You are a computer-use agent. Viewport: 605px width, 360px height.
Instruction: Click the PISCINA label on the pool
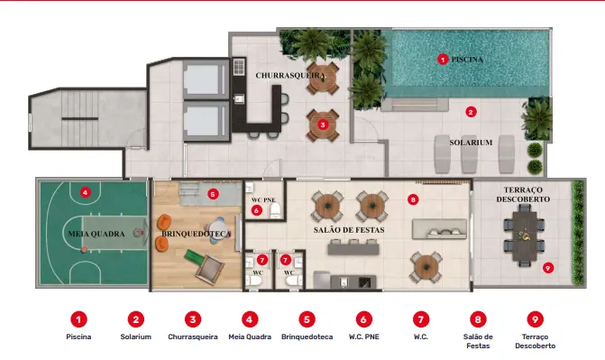tap(467, 60)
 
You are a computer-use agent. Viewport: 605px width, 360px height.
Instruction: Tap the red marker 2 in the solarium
tap(471, 112)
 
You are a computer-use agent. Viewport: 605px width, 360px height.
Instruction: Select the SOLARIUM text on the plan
tap(471, 143)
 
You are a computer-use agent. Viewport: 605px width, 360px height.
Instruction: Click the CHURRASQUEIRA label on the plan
tap(289, 75)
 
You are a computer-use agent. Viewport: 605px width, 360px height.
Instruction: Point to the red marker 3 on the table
tap(323, 125)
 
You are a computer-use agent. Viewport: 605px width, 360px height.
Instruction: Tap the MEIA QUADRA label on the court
tap(96, 234)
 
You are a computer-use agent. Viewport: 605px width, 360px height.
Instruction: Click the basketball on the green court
tap(84, 250)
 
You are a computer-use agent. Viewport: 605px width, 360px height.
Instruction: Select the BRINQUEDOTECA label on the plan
tap(196, 234)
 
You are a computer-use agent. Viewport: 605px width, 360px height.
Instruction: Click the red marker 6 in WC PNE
tap(256, 210)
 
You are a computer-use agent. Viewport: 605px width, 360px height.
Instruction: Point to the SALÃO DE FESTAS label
tap(349, 230)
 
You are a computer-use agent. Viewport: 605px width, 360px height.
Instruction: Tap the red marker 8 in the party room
tap(413, 199)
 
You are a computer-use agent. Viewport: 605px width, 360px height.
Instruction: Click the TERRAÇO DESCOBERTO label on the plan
tap(523, 195)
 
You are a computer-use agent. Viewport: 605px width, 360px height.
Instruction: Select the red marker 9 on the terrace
tap(548, 268)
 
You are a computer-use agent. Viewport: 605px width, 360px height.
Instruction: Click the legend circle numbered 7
tap(420, 319)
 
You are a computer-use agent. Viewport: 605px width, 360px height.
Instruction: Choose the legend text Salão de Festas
tap(478, 341)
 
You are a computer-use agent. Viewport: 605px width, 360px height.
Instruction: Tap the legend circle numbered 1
tap(78, 319)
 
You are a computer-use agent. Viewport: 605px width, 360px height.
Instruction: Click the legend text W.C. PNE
tap(364, 337)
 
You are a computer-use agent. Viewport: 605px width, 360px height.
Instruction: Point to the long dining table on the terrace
tap(524, 236)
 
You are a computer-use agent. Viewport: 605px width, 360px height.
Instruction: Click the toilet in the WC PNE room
tap(275, 210)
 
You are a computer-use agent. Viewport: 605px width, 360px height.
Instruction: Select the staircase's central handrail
tap(80, 118)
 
